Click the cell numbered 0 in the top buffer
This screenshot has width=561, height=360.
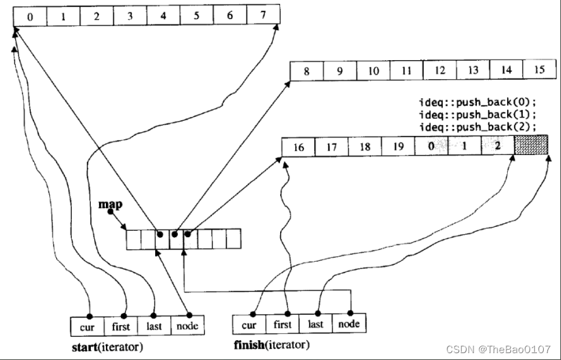(x=29, y=15)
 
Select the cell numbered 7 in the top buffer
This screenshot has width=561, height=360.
(x=263, y=15)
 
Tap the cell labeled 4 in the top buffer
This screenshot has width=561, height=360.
(x=163, y=15)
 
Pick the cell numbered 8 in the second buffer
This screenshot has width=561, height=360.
(x=307, y=70)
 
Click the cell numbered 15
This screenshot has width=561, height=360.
(x=539, y=70)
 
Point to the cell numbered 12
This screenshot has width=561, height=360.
(x=439, y=70)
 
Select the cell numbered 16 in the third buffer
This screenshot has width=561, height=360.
(x=298, y=146)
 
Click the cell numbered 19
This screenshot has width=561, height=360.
(x=398, y=146)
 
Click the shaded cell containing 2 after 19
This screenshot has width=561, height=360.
(x=498, y=146)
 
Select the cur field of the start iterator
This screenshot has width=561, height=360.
(x=87, y=326)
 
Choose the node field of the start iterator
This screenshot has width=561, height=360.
(x=187, y=326)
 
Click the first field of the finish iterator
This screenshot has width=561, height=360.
(x=283, y=324)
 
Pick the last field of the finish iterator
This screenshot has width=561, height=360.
(x=316, y=324)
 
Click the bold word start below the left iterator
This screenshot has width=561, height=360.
(x=85, y=347)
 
